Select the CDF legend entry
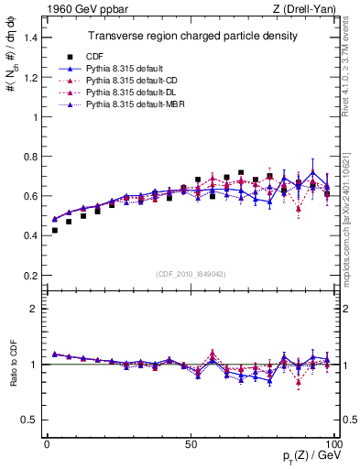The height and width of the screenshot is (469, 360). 110,57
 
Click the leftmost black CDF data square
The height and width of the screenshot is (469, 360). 55,230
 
